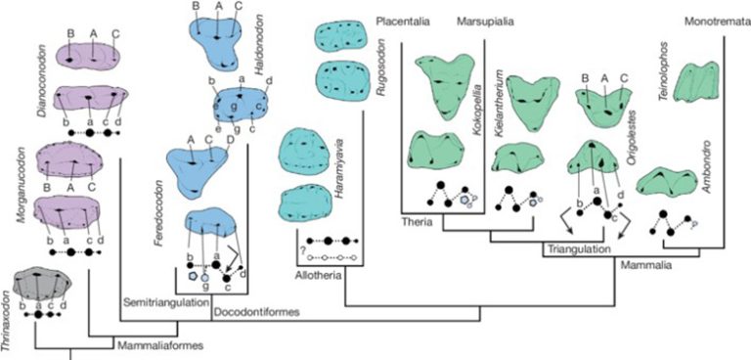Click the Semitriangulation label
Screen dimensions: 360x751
coord(165,301)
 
